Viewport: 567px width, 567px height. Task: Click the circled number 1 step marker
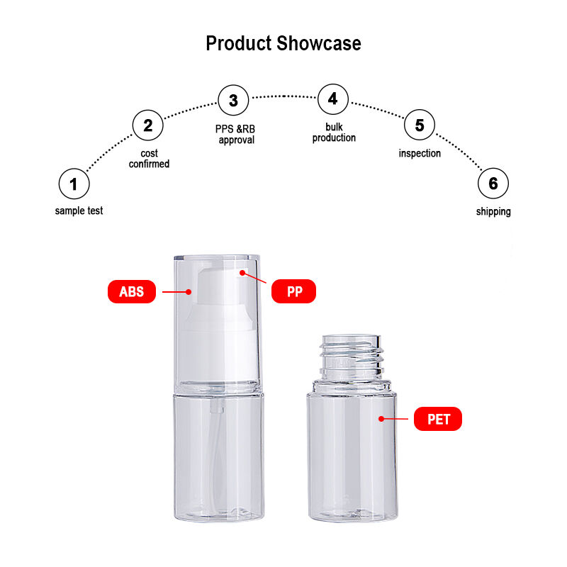[x=74, y=184]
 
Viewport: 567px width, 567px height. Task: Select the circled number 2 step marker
[x=148, y=125]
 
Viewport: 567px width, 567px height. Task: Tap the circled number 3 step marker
[x=234, y=100]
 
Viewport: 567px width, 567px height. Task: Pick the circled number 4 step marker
[x=333, y=99]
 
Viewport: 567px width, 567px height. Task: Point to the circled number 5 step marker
[x=420, y=125]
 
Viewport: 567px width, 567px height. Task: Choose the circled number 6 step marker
[x=493, y=184]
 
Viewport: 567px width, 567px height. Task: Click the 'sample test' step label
[x=79, y=210]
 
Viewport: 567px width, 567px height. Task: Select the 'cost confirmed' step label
[x=149, y=158]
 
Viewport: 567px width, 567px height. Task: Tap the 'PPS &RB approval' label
[x=235, y=134]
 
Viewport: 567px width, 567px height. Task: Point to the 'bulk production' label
[x=334, y=133]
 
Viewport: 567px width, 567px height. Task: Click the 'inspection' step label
[x=420, y=153]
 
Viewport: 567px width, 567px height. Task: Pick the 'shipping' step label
[x=493, y=211]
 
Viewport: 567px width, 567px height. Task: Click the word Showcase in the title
[x=319, y=43]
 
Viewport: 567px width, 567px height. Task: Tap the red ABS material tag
[x=132, y=291]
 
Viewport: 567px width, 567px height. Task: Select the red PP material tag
[x=293, y=291]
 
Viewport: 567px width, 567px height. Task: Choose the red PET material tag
[x=438, y=419]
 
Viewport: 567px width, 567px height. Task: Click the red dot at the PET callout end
[x=381, y=419]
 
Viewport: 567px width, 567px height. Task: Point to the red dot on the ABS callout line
[x=189, y=292]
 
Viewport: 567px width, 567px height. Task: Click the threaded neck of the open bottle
[x=351, y=357]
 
